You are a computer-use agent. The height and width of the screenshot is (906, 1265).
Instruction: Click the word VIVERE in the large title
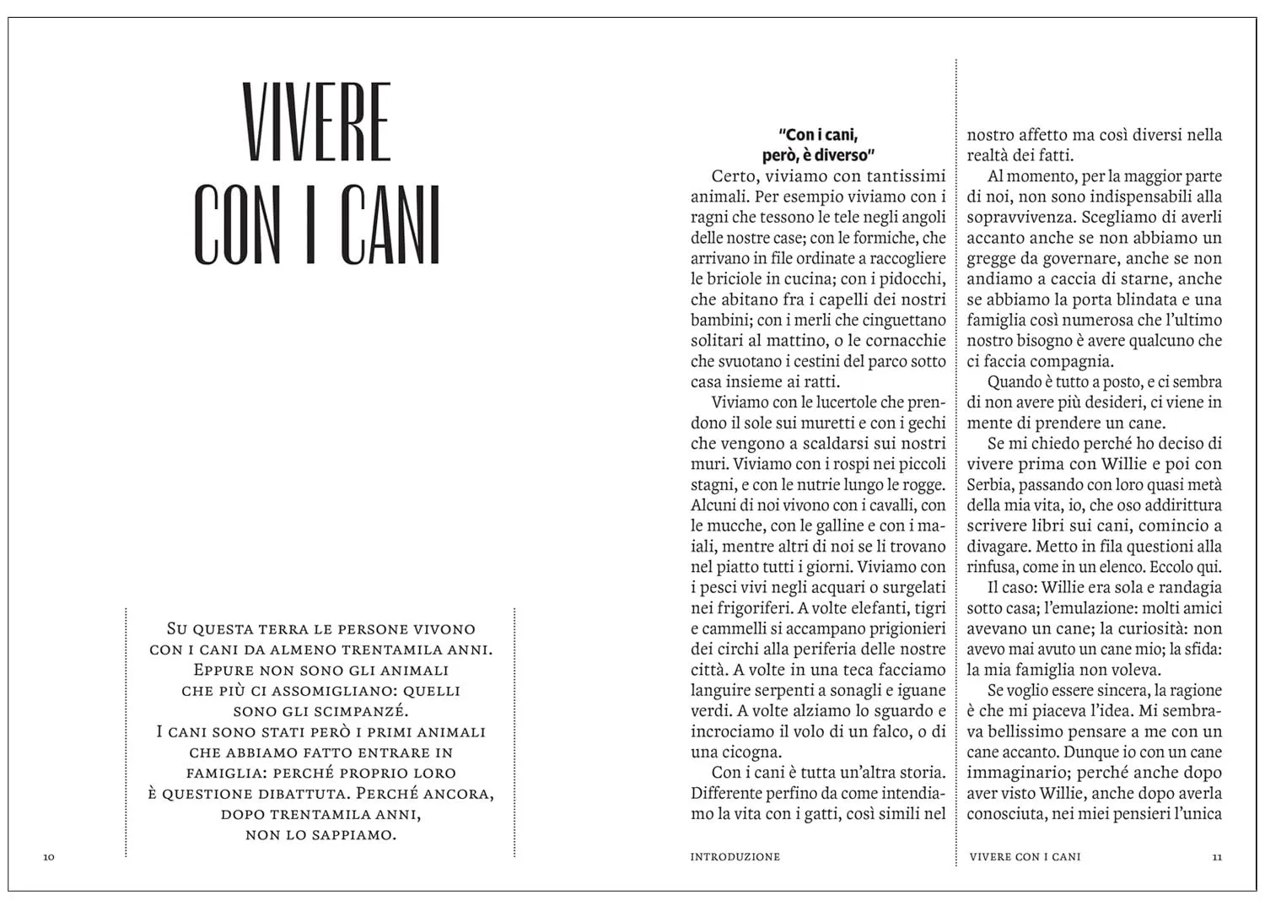coord(317,122)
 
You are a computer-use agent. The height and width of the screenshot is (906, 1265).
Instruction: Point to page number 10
coord(49,857)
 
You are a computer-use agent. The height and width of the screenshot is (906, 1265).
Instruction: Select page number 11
coord(1216,857)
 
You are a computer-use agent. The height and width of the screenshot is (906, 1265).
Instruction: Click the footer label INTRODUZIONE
coord(735,857)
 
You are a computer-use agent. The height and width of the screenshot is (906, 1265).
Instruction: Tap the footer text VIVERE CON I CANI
coord(1025,857)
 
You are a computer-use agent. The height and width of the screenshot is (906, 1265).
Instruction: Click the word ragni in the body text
coord(710,218)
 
